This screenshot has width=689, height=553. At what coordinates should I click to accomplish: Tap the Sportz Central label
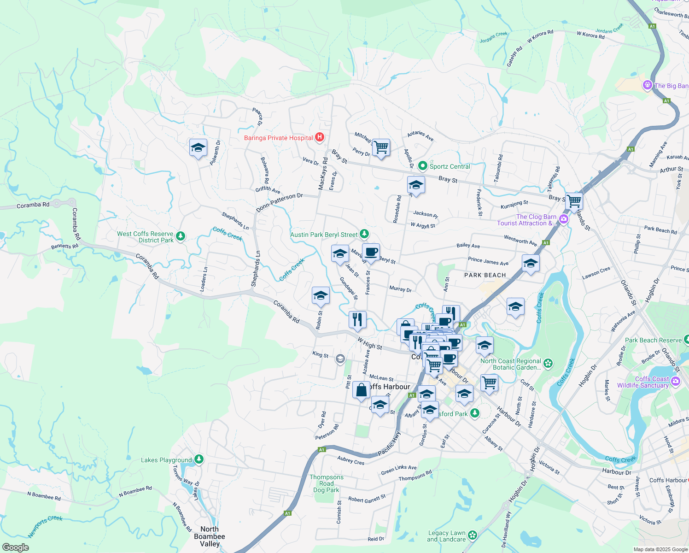(450, 166)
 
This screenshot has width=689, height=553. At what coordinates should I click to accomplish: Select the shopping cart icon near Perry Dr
(381, 147)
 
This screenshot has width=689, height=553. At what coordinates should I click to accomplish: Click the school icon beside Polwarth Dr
(198, 148)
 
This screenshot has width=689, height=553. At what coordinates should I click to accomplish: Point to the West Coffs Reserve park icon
(181, 236)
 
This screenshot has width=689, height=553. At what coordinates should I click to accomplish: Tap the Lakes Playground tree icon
(199, 459)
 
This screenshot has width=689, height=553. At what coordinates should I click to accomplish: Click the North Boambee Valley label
(210, 536)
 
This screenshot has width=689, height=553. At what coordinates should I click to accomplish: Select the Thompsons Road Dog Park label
(326, 483)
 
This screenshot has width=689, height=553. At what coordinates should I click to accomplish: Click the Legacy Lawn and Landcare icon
(472, 535)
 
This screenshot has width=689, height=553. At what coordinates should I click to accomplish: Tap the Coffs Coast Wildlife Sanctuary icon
(675, 381)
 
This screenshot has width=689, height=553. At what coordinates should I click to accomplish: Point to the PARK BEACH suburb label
(485, 275)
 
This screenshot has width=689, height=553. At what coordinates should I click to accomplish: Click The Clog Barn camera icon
(564, 219)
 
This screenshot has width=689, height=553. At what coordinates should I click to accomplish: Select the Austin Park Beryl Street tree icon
(364, 234)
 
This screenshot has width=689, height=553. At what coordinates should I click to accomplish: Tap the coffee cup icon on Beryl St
(371, 252)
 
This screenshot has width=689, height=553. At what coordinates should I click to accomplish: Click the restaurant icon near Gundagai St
(357, 319)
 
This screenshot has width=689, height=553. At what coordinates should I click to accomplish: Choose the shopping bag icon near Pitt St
(362, 390)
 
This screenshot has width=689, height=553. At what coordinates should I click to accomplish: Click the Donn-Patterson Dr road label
(279, 203)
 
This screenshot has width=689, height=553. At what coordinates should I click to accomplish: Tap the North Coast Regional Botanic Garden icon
(548, 364)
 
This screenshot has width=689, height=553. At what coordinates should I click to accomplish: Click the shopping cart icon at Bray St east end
(574, 201)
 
